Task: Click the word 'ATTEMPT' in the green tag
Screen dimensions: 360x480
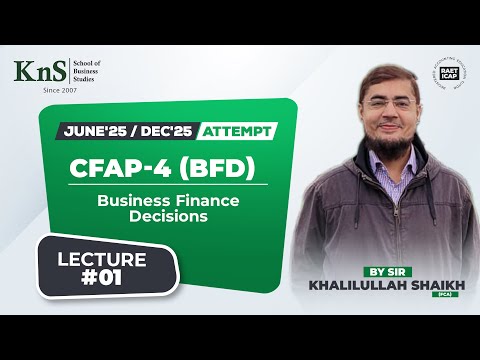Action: [x=235, y=131]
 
